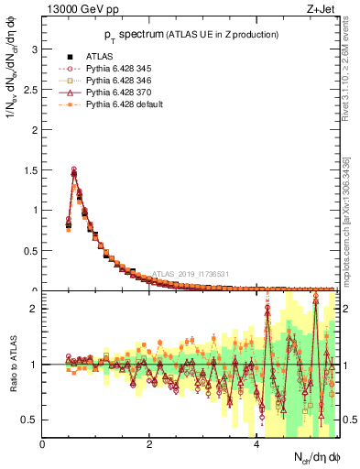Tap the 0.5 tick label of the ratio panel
tap(30, 420)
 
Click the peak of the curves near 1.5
tap(74, 170)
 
